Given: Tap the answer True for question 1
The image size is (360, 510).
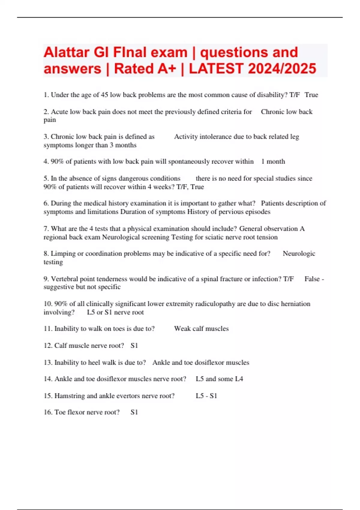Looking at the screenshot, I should tap(311, 95).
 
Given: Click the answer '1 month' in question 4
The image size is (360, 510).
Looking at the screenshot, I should tap(273, 161).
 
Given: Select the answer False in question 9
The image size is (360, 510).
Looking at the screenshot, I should tap(312, 279).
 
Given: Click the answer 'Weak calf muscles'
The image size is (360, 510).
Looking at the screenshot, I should tap(201, 328).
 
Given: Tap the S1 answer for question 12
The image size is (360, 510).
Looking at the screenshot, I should tap(134, 346).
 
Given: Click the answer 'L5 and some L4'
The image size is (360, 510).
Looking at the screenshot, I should tap(219, 379).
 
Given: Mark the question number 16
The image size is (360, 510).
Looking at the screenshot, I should tap(48, 412).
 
